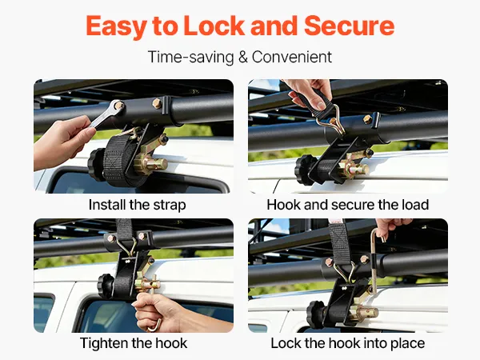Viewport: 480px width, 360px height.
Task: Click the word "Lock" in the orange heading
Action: (214, 26)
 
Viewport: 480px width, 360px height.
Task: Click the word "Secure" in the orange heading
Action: (349, 26)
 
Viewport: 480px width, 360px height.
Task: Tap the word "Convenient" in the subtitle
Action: (292, 57)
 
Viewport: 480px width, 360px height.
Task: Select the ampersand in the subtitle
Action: (242, 58)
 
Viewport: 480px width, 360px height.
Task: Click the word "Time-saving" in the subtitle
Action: (190, 58)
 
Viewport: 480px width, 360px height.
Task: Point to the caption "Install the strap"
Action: (137, 205)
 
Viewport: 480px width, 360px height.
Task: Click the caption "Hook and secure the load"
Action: (348, 205)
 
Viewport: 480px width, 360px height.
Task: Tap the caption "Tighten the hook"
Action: (134, 343)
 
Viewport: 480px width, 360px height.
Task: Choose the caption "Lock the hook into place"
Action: (348, 343)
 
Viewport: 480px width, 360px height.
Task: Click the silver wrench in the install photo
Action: (107, 114)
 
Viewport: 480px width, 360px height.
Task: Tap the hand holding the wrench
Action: (62, 142)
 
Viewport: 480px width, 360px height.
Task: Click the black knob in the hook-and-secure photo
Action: (303, 170)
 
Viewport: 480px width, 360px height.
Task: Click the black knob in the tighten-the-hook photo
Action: (106, 286)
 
